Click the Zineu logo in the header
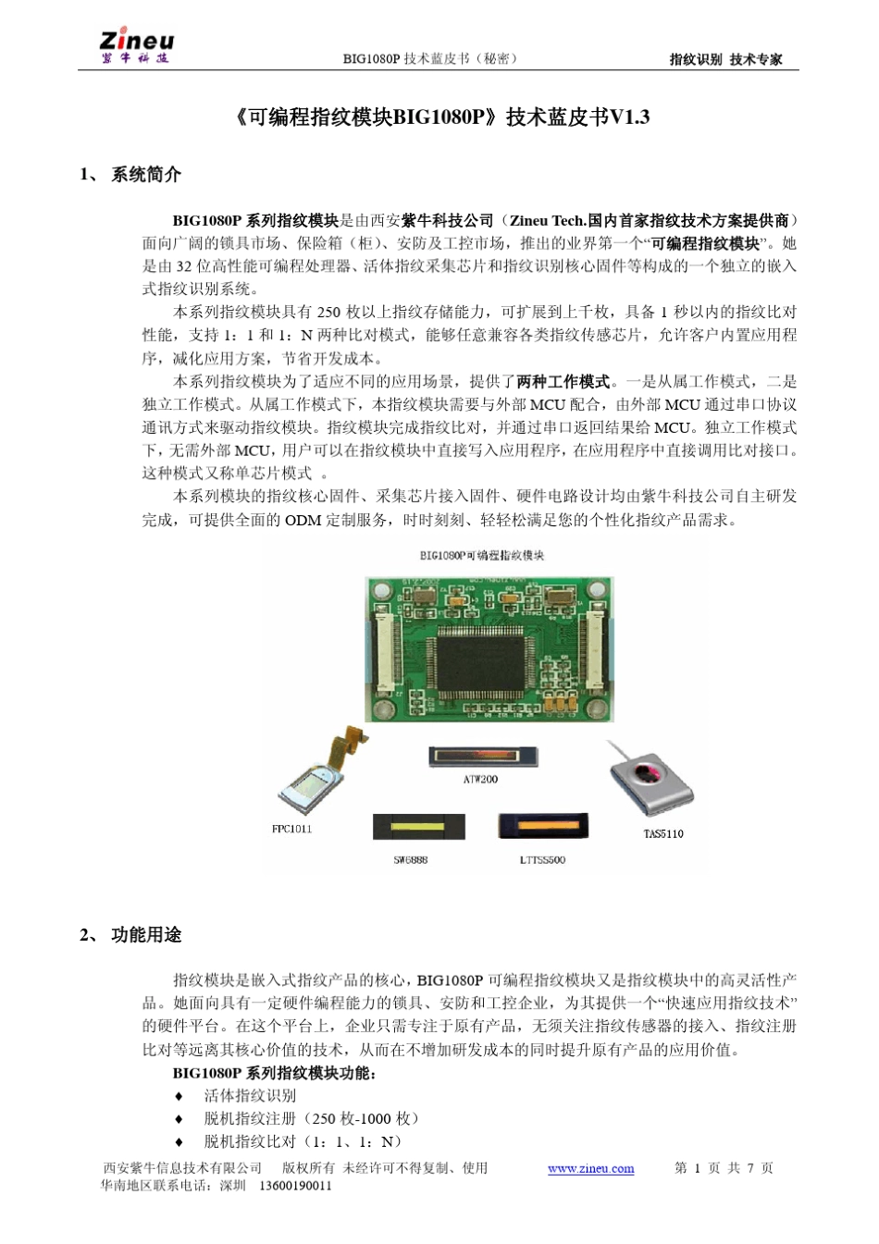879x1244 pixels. click(x=136, y=47)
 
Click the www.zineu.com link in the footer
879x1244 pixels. click(x=590, y=1168)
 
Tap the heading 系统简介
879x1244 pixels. click(x=145, y=174)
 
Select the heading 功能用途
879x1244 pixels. click(x=145, y=935)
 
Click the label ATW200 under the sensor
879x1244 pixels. click(x=480, y=780)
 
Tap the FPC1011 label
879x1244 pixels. click(x=291, y=829)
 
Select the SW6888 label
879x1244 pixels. click(x=410, y=860)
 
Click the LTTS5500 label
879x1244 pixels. click(x=541, y=860)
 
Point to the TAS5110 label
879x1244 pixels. click(x=662, y=834)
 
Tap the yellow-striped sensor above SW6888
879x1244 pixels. click(x=418, y=826)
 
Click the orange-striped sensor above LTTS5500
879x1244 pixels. click(x=542, y=825)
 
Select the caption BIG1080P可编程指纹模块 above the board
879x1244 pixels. click(x=481, y=555)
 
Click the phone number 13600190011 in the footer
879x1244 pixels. click(x=295, y=1186)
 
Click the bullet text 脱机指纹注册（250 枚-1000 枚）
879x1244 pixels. click(x=312, y=1118)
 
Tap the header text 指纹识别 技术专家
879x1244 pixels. click(x=725, y=59)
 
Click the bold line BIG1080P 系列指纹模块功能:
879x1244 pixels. click(x=274, y=1073)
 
